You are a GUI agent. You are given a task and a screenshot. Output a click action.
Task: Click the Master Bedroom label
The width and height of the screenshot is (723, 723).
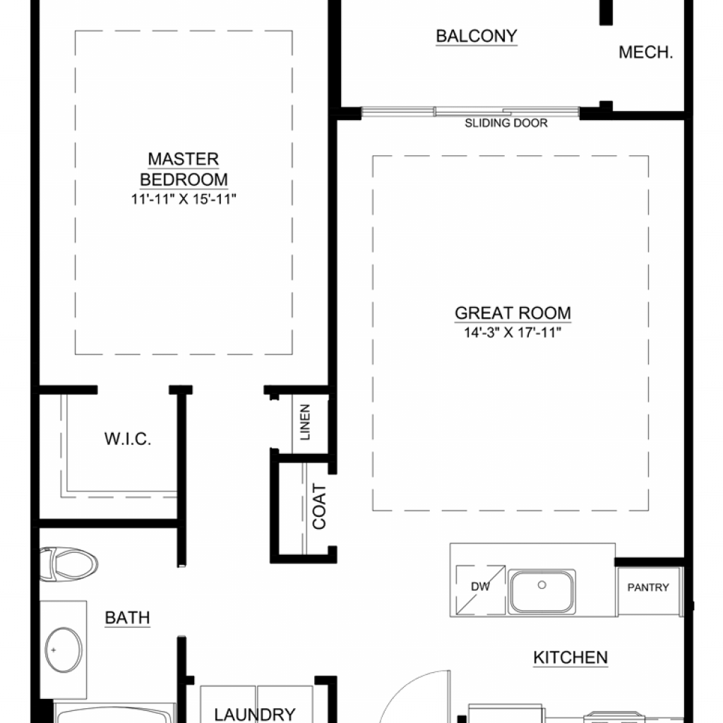(184, 169)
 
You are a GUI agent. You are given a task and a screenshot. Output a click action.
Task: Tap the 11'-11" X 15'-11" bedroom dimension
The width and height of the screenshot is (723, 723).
(184, 199)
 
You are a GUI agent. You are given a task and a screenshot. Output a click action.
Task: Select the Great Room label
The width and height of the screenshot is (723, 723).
(513, 313)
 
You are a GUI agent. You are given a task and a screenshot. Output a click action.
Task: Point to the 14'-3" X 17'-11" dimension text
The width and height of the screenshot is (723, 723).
(513, 333)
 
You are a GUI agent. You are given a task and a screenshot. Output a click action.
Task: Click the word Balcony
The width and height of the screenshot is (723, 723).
(477, 36)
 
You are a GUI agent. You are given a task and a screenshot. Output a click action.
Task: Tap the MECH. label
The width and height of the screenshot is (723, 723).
(645, 52)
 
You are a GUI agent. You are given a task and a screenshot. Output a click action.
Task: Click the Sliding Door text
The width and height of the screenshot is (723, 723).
(506, 123)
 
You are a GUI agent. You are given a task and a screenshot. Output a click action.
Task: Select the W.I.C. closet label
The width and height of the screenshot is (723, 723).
(128, 439)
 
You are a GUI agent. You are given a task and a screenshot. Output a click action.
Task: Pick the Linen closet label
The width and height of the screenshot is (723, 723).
(305, 422)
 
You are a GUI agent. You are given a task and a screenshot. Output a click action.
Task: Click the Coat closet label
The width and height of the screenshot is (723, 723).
(319, 506)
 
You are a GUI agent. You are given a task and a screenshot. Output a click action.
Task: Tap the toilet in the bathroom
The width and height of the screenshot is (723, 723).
(68, 563)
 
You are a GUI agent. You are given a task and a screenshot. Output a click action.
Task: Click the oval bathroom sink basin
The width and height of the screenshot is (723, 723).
(64, 650)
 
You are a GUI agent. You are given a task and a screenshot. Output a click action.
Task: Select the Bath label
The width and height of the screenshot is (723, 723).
(127, 617)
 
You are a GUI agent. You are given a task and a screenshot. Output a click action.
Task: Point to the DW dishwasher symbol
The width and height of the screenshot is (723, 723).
(480, 590)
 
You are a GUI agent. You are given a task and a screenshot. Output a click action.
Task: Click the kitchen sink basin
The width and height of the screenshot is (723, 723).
(542, 592)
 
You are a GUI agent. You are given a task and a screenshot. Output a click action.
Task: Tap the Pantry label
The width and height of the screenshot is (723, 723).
(648, 587)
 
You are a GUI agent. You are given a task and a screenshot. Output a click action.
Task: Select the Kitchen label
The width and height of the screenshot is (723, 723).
(570, 657)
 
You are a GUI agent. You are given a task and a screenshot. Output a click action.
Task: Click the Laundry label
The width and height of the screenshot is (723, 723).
(254, 715)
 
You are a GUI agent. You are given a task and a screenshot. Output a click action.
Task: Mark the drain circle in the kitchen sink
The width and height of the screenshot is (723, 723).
(542, 585)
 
